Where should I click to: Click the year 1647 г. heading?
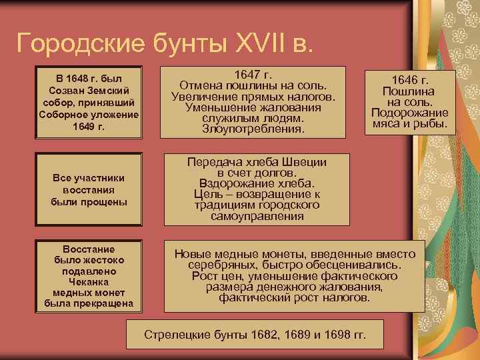(x=256, y=75)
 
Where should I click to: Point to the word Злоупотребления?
(x=256, y=128)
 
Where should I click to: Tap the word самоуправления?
(x=256, y=216)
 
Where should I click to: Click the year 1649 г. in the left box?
(x=89, y=126)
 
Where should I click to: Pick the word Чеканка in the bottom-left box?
(x=89, y=282)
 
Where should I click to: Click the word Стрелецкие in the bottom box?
(x=175, y=333)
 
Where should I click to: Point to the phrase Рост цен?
(x=215, y=275)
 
